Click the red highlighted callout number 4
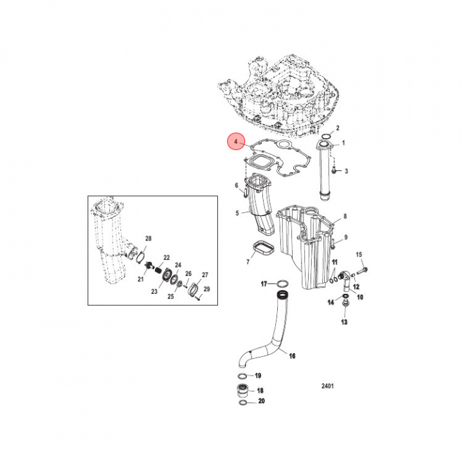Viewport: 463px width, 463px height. [236, 141]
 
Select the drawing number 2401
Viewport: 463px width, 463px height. [328, 386]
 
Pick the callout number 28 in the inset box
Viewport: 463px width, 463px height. [149, 239]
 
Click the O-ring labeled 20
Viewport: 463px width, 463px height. [242, 403]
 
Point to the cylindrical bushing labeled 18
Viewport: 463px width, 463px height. [242, 390]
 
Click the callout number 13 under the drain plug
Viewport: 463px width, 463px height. [344, 321]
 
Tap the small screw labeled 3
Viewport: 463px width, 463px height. [335, 170]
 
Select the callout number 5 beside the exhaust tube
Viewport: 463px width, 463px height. [237, 213]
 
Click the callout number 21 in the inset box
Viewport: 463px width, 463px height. [140, 279]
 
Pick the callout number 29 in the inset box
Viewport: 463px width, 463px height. [206, 291]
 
